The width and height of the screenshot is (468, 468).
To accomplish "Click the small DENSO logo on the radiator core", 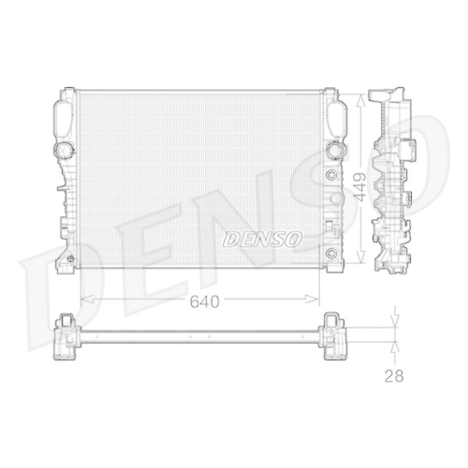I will (262, 240).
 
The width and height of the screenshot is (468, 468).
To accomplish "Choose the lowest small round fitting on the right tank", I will (327, 256).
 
